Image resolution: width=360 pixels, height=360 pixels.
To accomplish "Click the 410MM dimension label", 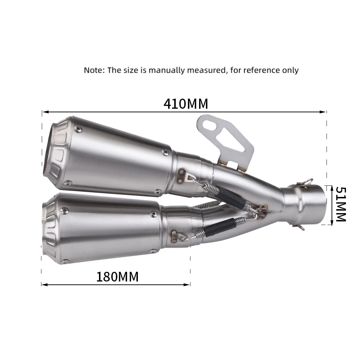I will click(186, 104).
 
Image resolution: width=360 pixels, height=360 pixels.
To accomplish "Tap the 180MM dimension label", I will click(117, 277).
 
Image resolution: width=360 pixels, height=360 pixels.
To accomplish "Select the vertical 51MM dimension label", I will click(340, 204).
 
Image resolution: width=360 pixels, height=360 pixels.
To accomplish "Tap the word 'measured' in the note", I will click(207, 70).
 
